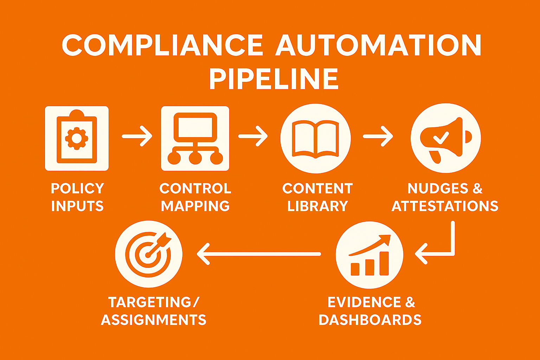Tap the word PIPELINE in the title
pyautogui.click(x=274, y=80)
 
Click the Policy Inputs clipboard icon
pyautogui.click(x=77, y=139)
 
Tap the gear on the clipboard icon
pyautogui.click(x=77, y=138)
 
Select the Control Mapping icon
pyautogui.click(x=195, y=139)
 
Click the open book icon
pyautogui.click(x=315, y=139)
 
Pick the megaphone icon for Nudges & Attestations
pyautogui.click(x=445, y=138)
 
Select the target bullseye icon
pyautogui.click(x=149, y=254)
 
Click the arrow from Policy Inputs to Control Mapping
pyautogui.click(x=137, y=136)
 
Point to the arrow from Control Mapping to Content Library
pyautogui.click(x=253, y=136)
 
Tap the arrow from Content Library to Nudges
pyautogui.click(x=378, y=136)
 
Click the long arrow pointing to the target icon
pyautogui.click(x=258, y=254)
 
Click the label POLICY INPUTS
pyautogui.click(x=77, y=197)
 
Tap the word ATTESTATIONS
pyautogui.click(x=445, y=206)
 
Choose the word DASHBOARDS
pyautogui.click(x=370, y=320)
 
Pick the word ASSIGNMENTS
pyautogui.click(x=154, y=320)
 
